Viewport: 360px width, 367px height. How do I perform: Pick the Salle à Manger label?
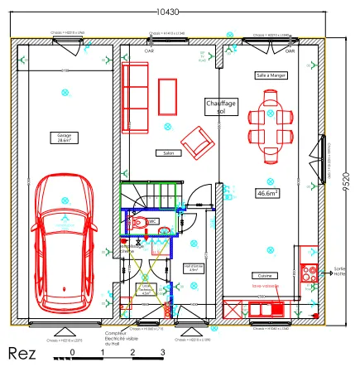(271, 75)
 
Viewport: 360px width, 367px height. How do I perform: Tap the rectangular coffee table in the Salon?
(168, 96)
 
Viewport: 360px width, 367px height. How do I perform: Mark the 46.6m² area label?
(266, 193)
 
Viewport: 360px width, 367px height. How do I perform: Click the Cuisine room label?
(264, 275)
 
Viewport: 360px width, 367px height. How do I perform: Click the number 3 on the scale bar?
(163, 352)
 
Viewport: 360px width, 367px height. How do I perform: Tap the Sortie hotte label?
(339, 271)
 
